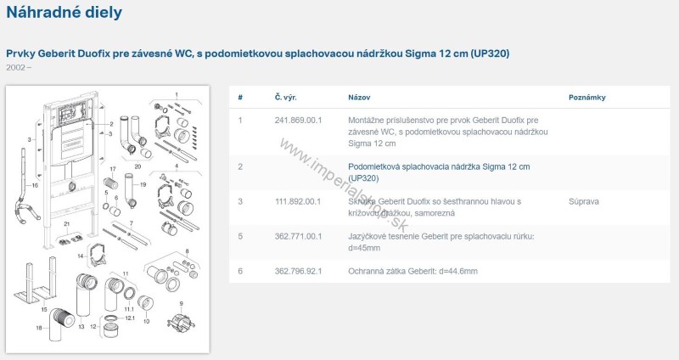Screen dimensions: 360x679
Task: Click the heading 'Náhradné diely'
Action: point(64,13)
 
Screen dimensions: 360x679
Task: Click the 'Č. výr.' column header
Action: point(285,98)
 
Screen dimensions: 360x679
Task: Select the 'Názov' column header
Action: point(359,98)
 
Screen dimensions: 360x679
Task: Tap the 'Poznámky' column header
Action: point(586,98)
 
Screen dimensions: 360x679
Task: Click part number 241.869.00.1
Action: point(298,121)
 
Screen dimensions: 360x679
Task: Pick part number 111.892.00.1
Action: point(298,201)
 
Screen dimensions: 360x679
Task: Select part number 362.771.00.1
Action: point(298,236)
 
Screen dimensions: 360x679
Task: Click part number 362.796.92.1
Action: point(298,271)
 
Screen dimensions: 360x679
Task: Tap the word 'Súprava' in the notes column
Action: point(583,201)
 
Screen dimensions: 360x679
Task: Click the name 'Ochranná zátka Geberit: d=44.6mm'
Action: point(412,271)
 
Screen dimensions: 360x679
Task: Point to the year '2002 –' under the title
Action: point(19,67)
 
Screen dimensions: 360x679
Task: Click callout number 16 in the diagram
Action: point(35,184)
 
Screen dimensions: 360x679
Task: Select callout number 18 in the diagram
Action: point(38,326)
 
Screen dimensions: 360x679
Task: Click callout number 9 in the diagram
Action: point(179,303)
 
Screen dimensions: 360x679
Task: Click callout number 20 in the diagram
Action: point(137,167)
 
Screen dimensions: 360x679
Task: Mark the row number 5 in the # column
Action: point(240,236)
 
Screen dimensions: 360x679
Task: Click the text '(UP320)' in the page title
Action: point(491,53)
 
